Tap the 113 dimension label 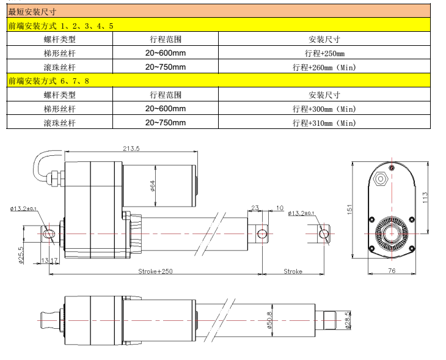pyautogui.click(x=426, y=197)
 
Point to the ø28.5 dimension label pyautogui.click(x=348, y=320)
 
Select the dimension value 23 pyautogui.click(x=255, y=208)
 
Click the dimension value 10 pyautogui.click(x=279, y=208)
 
